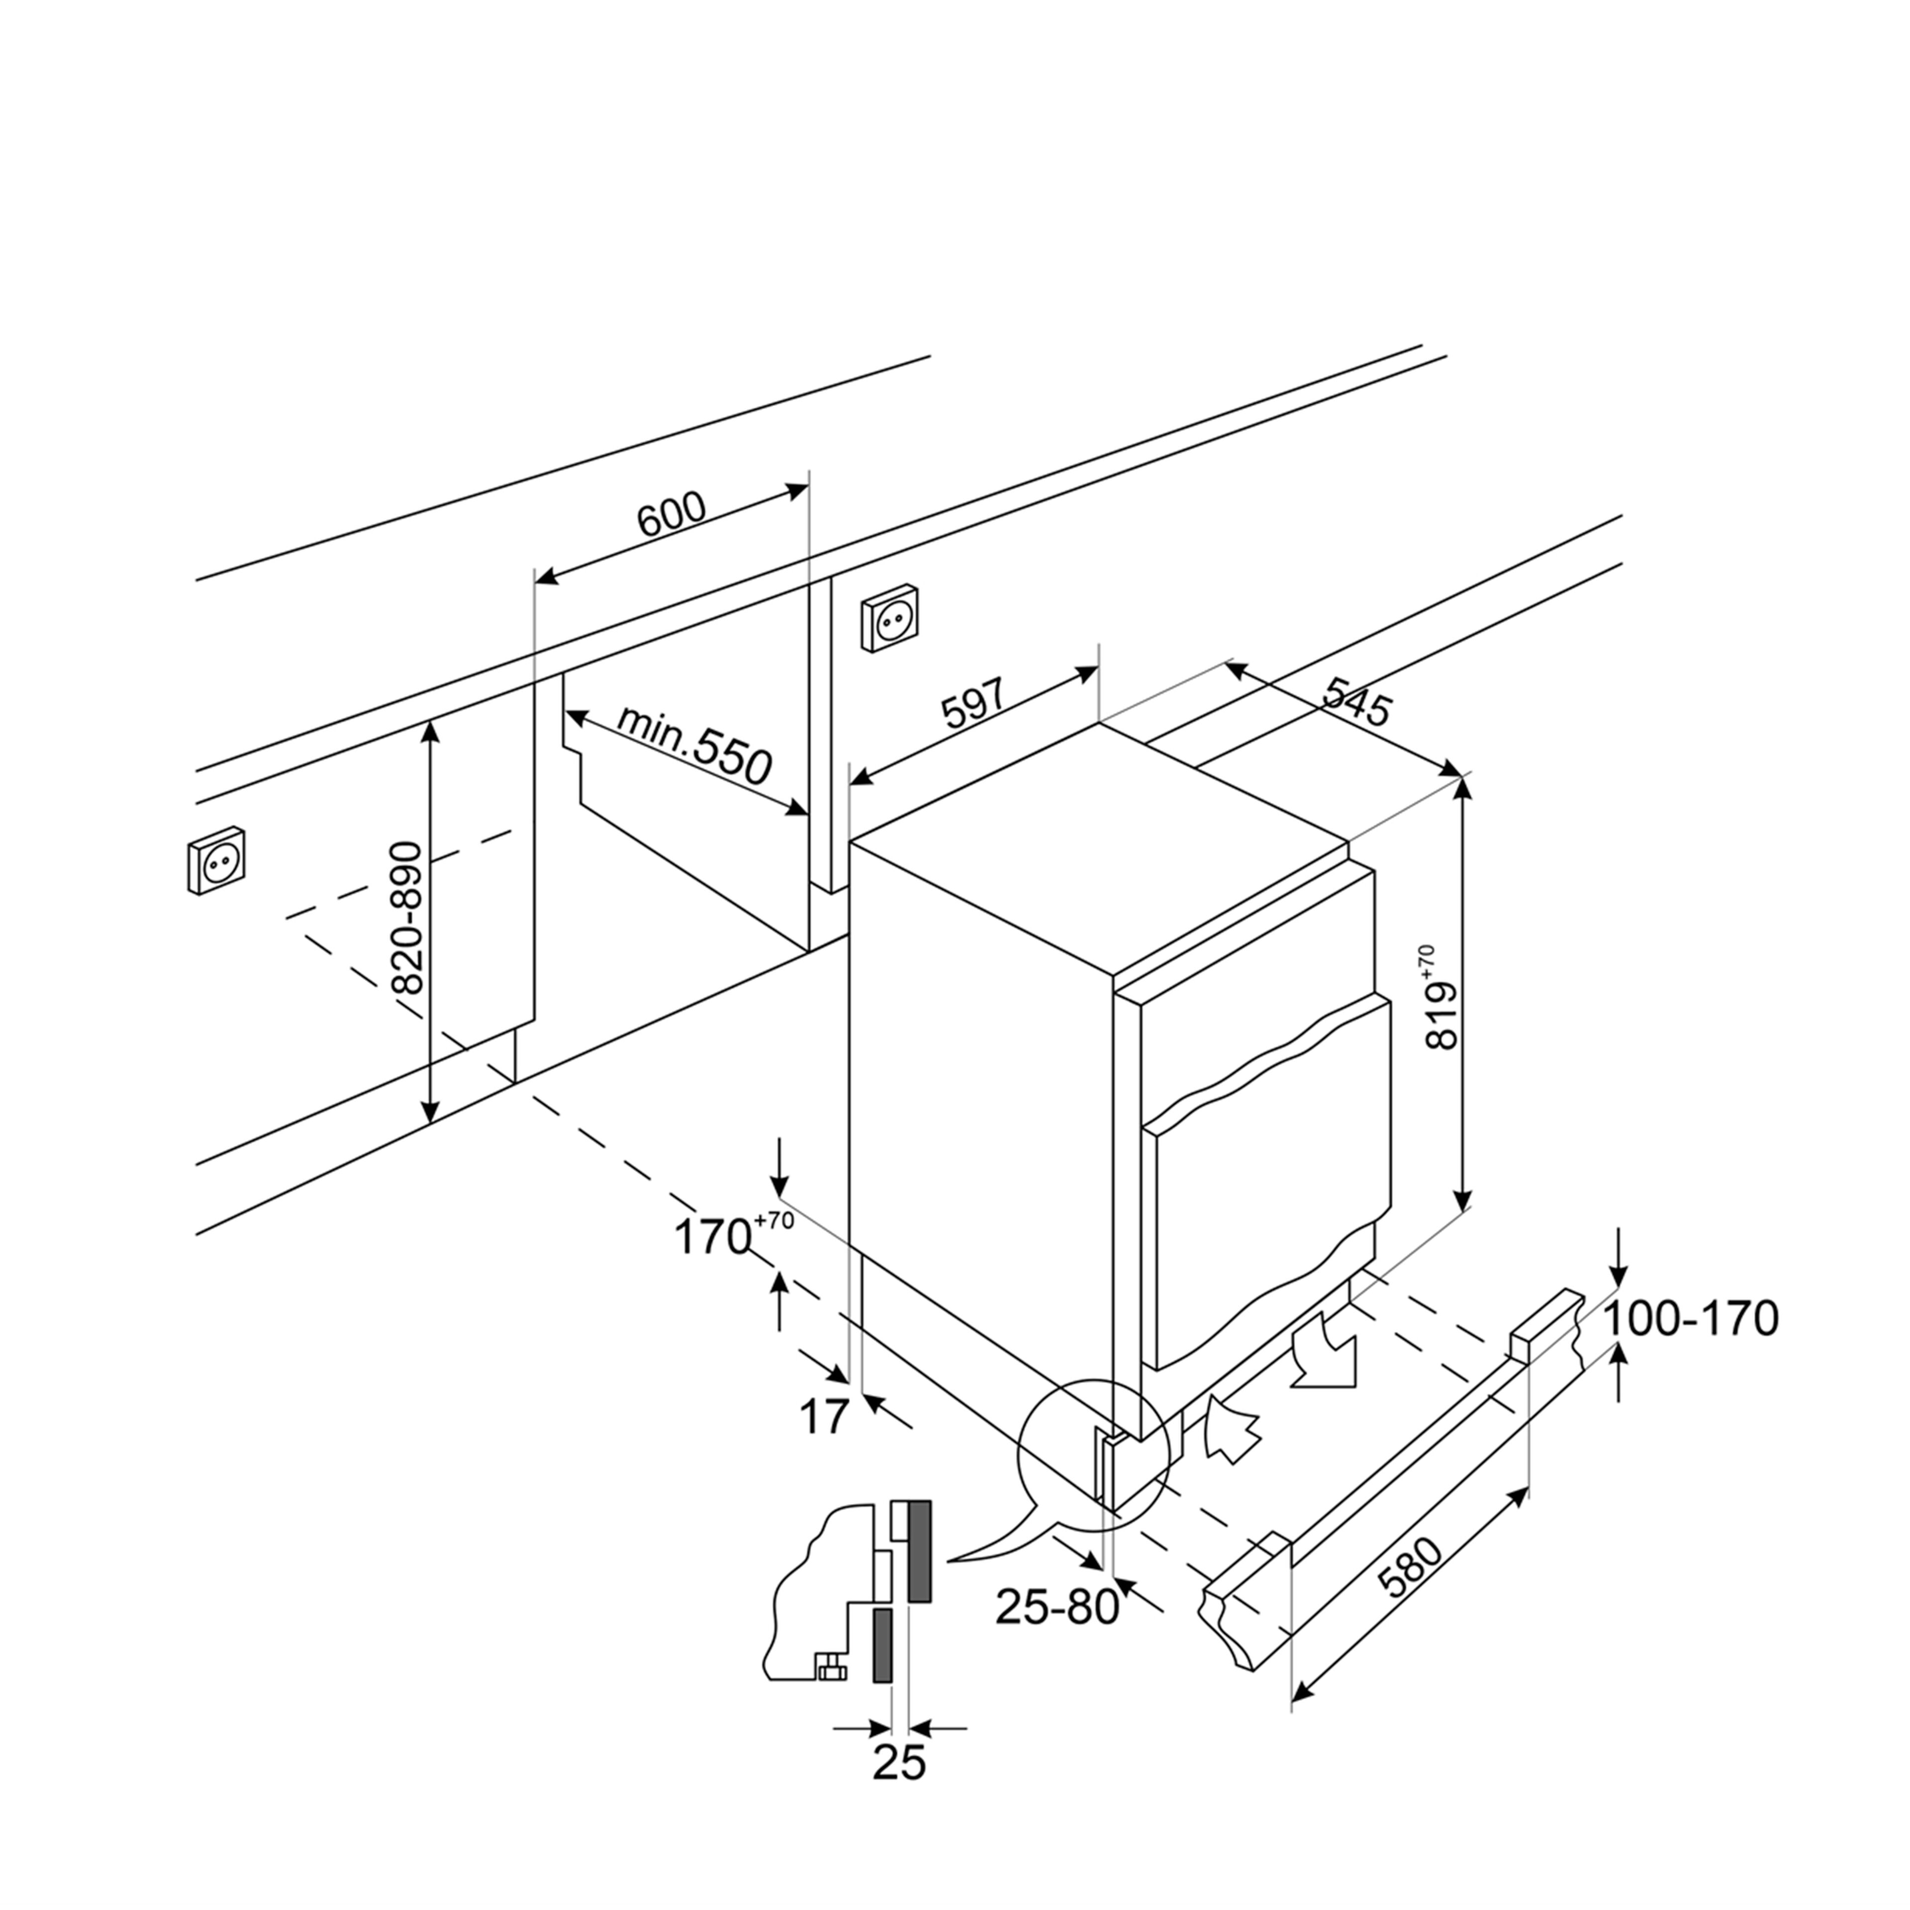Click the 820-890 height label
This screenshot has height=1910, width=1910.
[x=407, y=917]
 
